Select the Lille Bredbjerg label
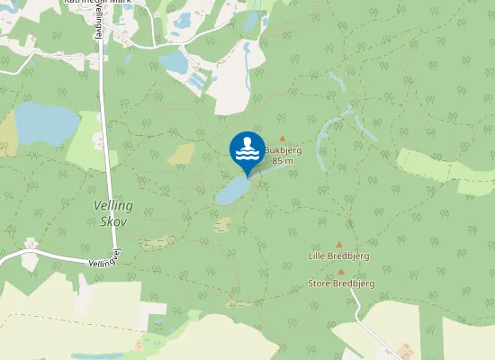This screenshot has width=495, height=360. [338, 256]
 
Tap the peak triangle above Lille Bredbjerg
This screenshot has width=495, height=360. [339, 244]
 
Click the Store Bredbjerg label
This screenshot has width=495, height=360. [341, 283]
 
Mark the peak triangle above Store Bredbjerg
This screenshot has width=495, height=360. [341, 271]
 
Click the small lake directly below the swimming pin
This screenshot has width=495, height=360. [232, 190]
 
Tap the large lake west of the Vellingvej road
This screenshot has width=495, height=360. [46, 122]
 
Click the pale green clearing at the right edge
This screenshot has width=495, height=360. [445, 166]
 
